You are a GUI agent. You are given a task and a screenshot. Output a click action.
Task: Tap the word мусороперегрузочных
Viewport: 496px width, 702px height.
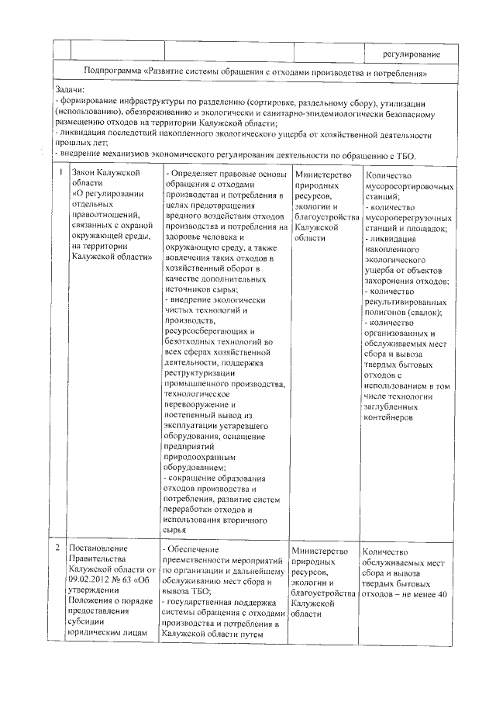pos(406,219)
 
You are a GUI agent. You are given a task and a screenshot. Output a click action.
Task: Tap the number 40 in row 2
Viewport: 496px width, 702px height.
pos(443,572)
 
